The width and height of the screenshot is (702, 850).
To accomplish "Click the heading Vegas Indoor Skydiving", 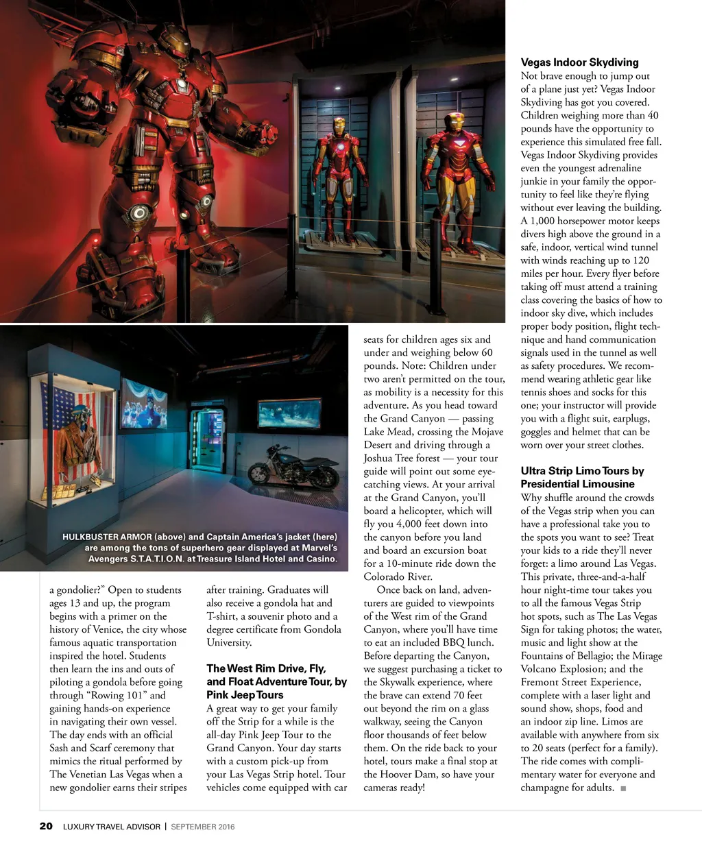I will [x=579, y=62].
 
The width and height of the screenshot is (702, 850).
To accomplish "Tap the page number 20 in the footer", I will [x=45, y=826].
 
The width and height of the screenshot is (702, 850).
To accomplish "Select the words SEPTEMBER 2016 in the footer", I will [x=203, y=827].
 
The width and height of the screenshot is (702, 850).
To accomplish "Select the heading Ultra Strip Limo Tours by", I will [x=582, y=471].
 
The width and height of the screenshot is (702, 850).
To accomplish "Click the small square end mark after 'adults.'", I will [x=623, y=788].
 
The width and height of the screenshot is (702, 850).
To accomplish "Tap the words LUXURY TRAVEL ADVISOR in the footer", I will [x=112, y=827].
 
